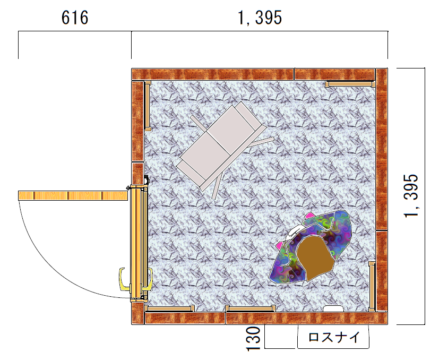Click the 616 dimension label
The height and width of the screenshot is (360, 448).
pos(75,18)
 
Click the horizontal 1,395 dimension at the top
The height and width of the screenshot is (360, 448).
pos(260,18)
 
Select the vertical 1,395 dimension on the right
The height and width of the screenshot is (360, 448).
pos(411,196)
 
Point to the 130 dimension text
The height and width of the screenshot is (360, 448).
pos(253,339)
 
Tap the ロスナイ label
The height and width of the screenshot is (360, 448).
pos(334,337)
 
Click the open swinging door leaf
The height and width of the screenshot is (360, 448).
pos(73,196)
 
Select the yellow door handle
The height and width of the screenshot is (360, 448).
pos(123,279)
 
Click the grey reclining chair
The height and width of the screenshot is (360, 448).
pos(221,145)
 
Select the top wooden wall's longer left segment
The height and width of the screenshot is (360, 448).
pos(213,74)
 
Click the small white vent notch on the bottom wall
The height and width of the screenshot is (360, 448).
pos(333,308)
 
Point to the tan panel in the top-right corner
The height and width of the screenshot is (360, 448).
pos(350,84)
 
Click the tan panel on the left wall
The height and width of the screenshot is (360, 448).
pos(148,106)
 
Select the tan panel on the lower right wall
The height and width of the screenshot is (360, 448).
pos(372,286)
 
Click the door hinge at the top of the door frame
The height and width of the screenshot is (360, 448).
pos(147,180)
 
